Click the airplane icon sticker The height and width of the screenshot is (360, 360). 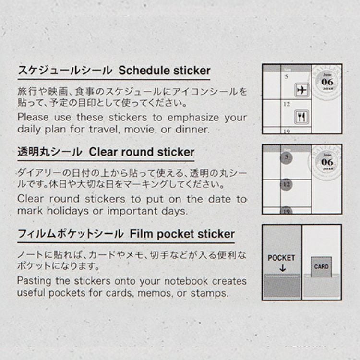[302, 90]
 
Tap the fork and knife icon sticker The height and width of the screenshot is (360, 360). [301, 117]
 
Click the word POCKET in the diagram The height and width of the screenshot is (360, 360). [281, 258]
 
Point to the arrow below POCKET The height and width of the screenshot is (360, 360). [283, 268]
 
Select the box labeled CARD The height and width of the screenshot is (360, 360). [321, 267]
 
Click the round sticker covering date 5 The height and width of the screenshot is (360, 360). [286, 157]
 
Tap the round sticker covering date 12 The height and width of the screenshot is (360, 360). [286, 185]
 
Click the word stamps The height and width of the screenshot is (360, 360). [209, 293]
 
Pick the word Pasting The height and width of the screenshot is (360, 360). [34, 281]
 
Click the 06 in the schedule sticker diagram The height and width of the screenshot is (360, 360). [327, 82]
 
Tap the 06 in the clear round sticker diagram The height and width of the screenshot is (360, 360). [327, 162]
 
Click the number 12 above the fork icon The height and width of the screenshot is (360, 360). [287, 104]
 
